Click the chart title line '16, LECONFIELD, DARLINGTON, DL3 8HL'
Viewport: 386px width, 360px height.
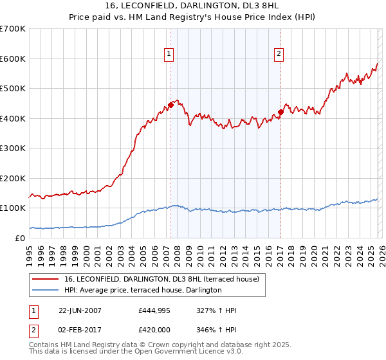click(x=192, y=6)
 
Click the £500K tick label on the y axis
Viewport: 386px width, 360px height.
click(x=12, y=89)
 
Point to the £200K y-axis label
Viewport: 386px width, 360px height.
click(x=12, y=178)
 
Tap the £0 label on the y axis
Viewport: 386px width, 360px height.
click(x=21, y=238)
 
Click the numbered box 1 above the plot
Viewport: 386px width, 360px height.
click(x=169, y=55)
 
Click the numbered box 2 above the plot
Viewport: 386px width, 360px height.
click(x=279, y=55)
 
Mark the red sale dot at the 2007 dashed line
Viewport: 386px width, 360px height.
click(x=170, y=105)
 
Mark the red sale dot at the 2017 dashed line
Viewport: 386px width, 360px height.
click(x=280, y=113)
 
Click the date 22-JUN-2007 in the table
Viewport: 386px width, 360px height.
click(x=80, y=310)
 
